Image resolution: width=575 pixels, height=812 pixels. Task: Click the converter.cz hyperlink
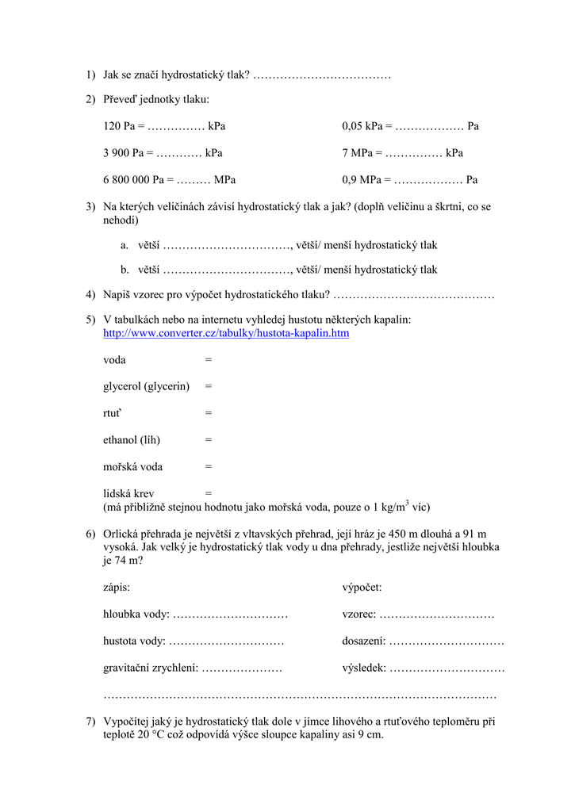[x=226, y=333]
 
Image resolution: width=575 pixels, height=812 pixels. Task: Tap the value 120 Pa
[x=119, y=126]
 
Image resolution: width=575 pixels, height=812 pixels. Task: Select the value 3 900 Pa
[x=123, y=153]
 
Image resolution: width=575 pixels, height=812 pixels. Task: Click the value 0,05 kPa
[x=363, y=126]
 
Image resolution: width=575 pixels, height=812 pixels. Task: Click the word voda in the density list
[x=114, y=360]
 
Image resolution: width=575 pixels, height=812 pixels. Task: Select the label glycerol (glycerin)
[x=147, y=386]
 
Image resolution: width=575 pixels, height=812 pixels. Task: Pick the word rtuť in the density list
[x=113, y=413]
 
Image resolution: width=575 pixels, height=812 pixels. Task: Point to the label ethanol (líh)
[x=132, y=439]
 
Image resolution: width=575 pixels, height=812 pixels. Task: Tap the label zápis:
[x=117, y=588]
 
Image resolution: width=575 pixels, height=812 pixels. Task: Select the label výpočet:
[x=362, y=588]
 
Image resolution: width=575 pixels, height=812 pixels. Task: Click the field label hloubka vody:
[x=136, y=615]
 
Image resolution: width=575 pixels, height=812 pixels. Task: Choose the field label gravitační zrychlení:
[x=151, y=668]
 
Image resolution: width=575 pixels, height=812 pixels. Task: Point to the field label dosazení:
[x=364, y=642]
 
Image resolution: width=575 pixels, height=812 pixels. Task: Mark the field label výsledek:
[x=364, y=668]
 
